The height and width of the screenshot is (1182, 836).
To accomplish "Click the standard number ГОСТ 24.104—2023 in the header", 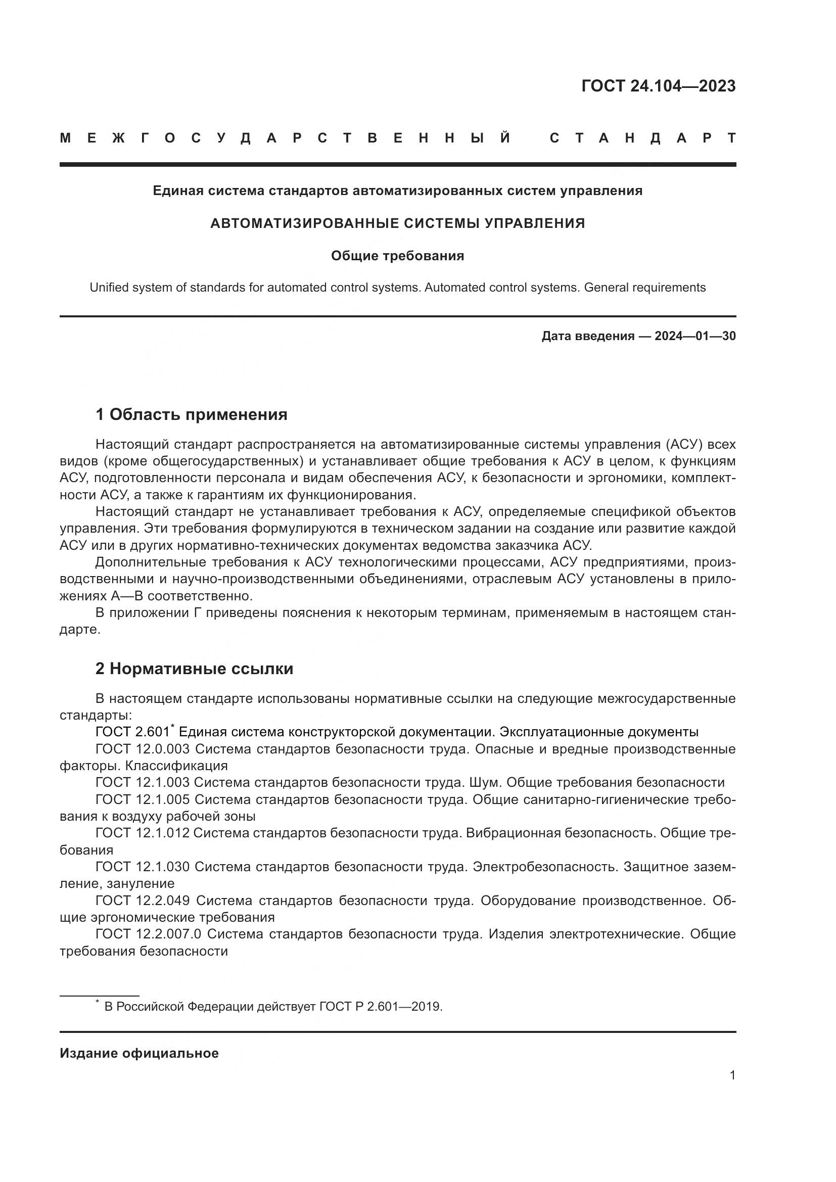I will coord(658,86).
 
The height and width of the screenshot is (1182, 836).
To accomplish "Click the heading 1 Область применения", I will coord(191,414).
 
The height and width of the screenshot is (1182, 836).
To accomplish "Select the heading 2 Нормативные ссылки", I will coord(194,669).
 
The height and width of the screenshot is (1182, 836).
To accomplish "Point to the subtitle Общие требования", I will coord(397,256).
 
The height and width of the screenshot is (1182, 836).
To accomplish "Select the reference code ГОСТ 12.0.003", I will coord(142,749).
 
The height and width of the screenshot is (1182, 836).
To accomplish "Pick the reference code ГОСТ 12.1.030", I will coord(142,867).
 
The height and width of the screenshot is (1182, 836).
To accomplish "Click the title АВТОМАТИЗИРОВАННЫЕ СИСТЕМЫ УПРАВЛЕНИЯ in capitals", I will coord(397,223).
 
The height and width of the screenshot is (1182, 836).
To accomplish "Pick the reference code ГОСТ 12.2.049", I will coord(142,901).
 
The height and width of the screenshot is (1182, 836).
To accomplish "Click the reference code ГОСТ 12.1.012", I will coord(142,833).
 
